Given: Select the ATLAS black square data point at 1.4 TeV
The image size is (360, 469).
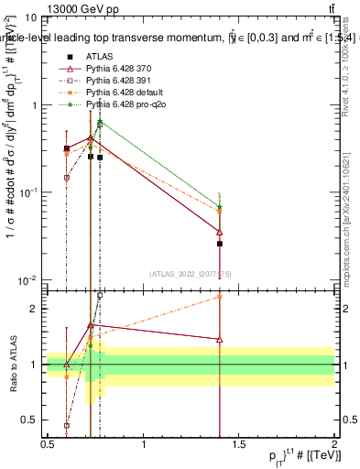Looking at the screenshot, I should tap(220, 244).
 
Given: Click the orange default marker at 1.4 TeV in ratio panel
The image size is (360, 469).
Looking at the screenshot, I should tap(220, 296).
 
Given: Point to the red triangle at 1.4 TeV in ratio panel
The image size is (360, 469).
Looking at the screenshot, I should tap(220, 339).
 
